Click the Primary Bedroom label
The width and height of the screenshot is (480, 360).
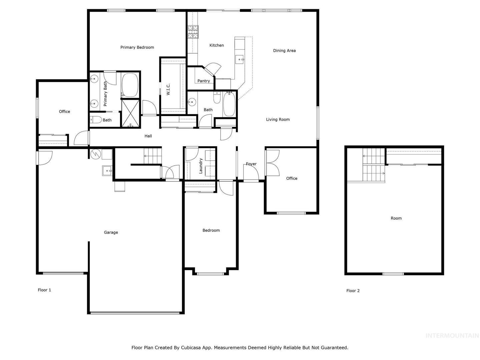pos(137,47)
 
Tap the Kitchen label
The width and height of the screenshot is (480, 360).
pos(216,45)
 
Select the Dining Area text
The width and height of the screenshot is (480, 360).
pos(284,51)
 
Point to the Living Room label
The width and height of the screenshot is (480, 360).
pos(278,120)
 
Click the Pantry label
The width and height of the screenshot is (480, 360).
pos(204,81)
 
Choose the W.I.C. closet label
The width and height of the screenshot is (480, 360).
pos(168,89)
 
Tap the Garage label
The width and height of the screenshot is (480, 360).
pos(111,232)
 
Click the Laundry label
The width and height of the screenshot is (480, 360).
pos(201,166)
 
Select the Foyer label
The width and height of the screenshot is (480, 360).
pos(251,164)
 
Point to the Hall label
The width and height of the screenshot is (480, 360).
pos(148,136)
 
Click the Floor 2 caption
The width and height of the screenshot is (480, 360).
pos(353,291)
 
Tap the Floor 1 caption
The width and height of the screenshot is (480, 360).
pos(44,290)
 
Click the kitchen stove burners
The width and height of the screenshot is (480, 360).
pos(193,32)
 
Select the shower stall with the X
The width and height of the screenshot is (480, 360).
pos(130,113)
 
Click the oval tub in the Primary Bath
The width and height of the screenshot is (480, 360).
pos(130,85)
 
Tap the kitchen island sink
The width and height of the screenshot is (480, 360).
pos(240,60)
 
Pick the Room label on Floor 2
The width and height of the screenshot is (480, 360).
pos(396,218)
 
